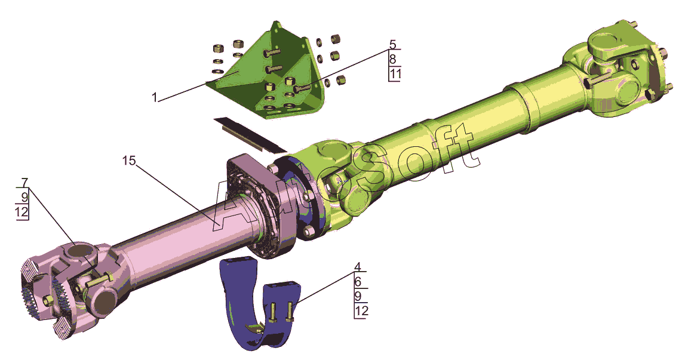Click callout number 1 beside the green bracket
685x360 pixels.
point(153,97)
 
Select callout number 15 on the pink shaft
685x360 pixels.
point(129,161)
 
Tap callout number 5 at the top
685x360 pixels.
point(393,44)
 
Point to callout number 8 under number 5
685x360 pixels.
point(393,59)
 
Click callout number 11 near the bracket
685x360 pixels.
point(395,74)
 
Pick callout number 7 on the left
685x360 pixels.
point(24,181)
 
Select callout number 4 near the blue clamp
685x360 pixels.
point(357,267)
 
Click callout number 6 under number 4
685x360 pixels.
point(357,282)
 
